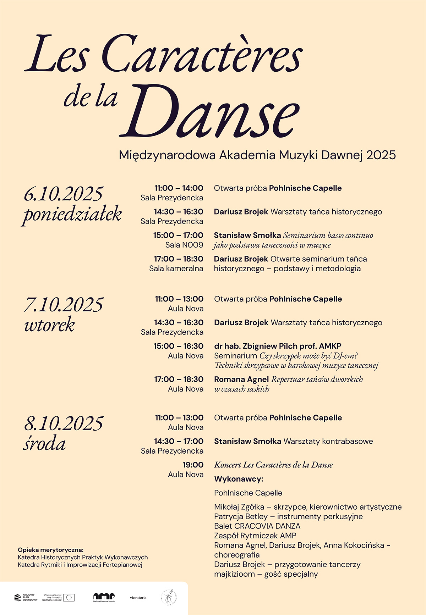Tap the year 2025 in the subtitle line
coord(381,155)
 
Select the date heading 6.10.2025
coord(64,194)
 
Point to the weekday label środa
coord(45,444)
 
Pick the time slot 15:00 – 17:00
coord(178,235)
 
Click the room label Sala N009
coord(184,245)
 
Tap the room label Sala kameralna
coord(176,268)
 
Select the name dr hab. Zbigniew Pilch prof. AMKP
coord(278,346)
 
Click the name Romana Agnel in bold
coord(241,379)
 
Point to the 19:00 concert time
coord(193,465)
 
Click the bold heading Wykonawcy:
coord(239,479)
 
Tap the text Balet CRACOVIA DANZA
coord(257,526)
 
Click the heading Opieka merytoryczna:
coord(51,550)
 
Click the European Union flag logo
coord(69,598)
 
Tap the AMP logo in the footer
coord(104,597)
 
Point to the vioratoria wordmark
coord(138,598)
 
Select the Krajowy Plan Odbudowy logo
coord(26,598)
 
